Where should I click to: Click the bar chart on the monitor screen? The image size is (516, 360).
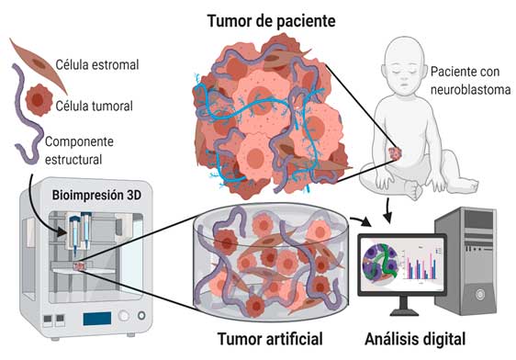(x=421, y=265)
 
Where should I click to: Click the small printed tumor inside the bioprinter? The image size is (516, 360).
(x=80, y=265)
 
